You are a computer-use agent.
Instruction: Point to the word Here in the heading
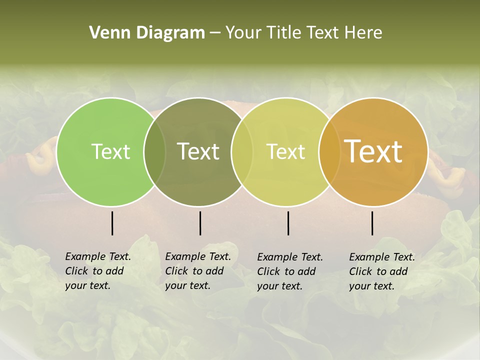click(x=363, y=33)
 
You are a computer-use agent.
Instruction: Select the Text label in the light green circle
click(x=110, y=151)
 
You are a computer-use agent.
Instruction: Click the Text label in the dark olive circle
click(x=198, y=151)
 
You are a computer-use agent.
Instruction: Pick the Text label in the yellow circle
click(x=286, y=151)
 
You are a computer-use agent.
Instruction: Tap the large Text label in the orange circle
click(x=373, y=151)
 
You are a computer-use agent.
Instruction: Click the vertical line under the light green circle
click(x=112, y=223)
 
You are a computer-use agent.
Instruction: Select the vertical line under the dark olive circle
click(x=200, y=223)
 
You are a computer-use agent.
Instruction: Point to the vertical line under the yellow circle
click(x=288, y=223)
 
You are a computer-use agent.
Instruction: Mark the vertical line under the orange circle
click(x=372, y=223)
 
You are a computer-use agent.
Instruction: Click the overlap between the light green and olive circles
click(x=155, y=151)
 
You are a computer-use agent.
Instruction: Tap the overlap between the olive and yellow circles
click(x=242, y=151)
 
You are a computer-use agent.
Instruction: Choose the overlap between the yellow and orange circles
click(x=330, y=151)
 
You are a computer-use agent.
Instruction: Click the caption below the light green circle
click(x=98, y=271)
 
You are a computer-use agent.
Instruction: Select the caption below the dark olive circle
click(x=198, y=271)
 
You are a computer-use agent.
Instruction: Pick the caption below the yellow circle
click(x=290, y=271)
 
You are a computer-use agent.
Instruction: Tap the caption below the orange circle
click(x=382, y=271)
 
